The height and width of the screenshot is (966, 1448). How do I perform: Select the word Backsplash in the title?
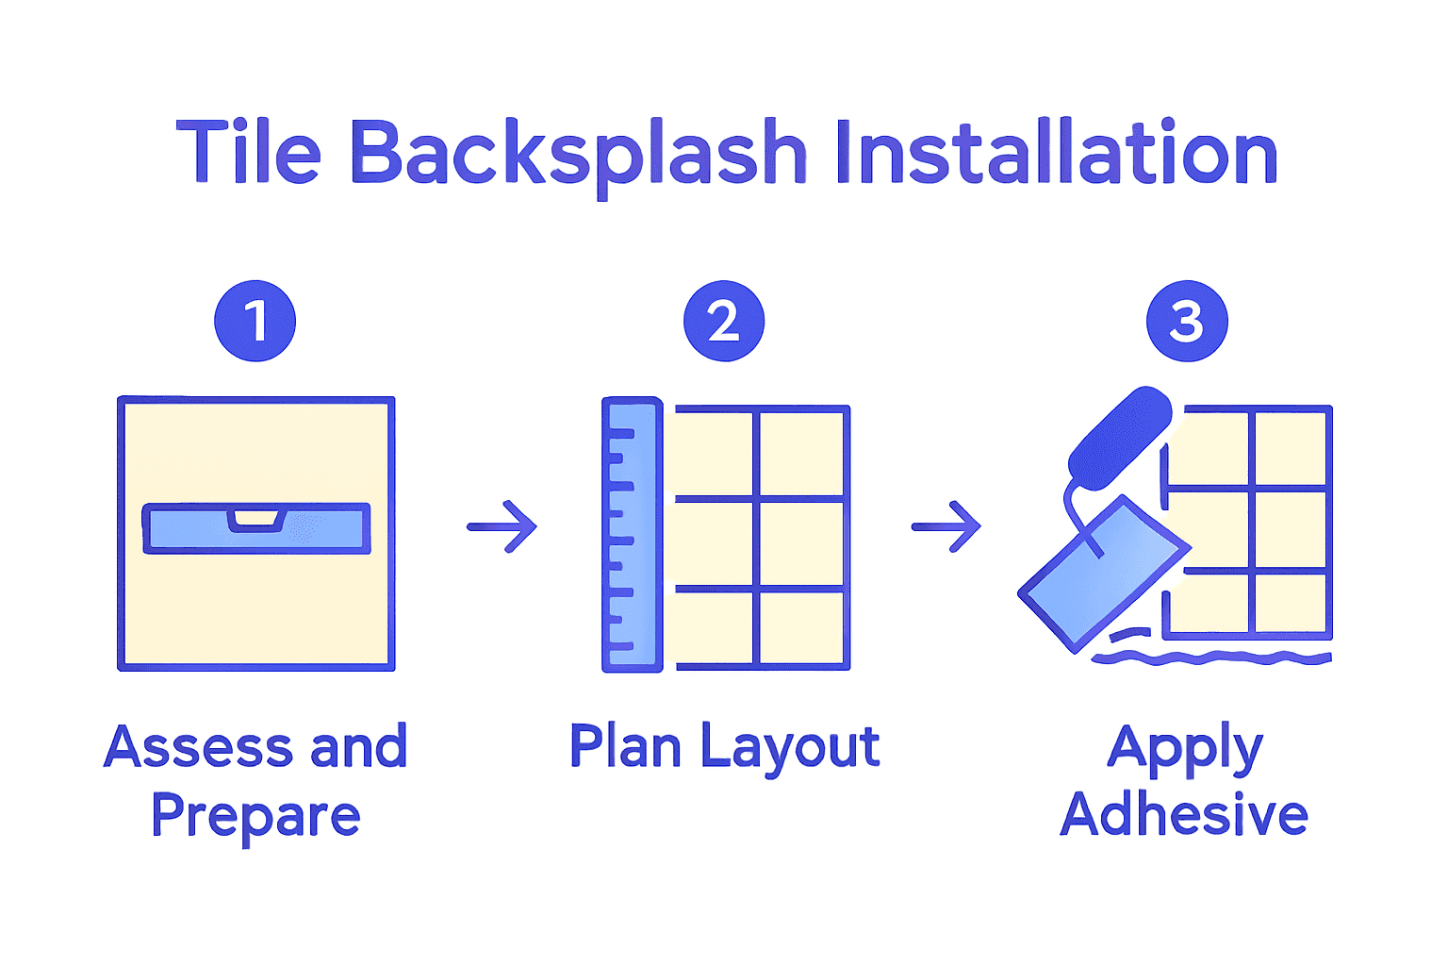[x=578, y=154]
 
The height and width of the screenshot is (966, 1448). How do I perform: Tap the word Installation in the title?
[x=1055, y=152]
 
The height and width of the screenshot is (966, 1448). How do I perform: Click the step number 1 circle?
[x=255, y=321]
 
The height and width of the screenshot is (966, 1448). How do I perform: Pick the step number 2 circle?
[x=723, y=321]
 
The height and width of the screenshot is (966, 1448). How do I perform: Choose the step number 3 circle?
[x=1187, y=321]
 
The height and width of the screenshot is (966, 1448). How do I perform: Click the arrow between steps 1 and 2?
[x=502, y=525]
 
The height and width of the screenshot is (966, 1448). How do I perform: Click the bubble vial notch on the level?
[x=256, y=518]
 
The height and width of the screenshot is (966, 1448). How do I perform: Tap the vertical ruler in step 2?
[x=632, y=534]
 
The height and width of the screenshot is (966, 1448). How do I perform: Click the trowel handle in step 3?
[x=1120, y=436]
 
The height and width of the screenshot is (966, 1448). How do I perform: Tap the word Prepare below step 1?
[x=255, y=816]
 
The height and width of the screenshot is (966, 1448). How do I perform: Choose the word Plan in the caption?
[x=625, y=747]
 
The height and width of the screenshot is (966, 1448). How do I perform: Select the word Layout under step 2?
[x=790, y=749]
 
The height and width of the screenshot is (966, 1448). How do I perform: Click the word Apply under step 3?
[x=1185, y=750]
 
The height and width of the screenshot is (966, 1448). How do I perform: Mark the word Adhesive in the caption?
[x=1184, y=814]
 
